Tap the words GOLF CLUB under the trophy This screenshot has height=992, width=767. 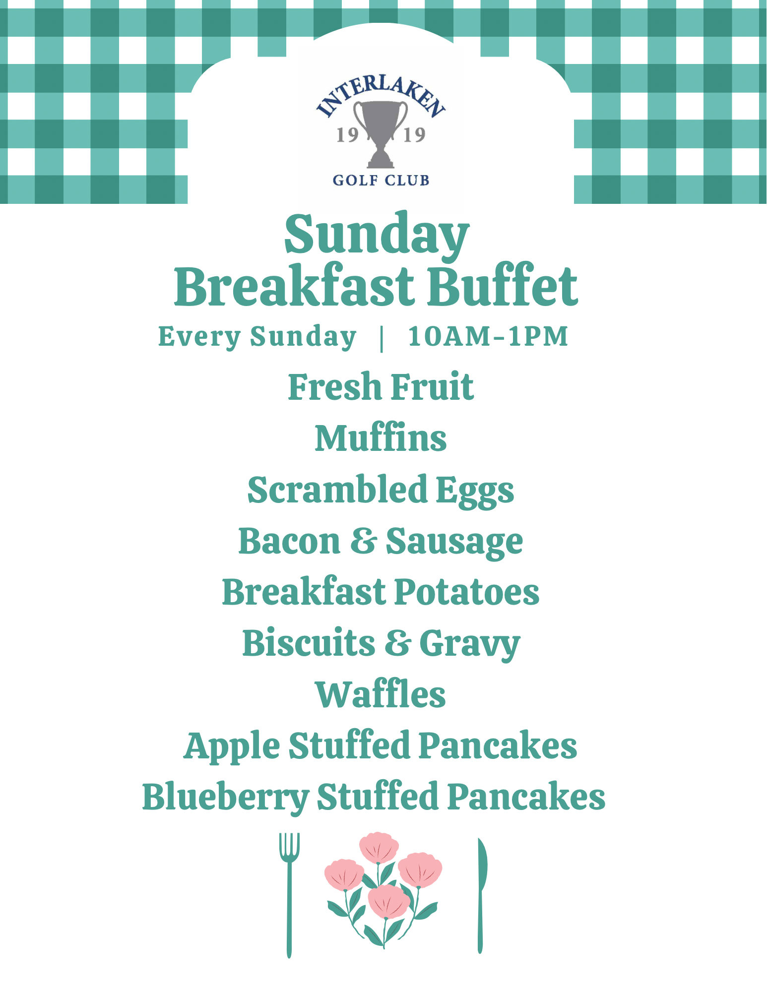click(381, 180)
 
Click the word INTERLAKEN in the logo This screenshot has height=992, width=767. click(381, 97)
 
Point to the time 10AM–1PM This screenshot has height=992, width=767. click(488, 336)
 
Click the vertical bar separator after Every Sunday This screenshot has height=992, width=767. click(382, 338)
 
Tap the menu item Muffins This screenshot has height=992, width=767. click(381, 438)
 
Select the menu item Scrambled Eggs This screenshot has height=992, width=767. click(381, 491)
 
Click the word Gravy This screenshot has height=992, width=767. click(469, 644)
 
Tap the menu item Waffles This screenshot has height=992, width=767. click(381, 694)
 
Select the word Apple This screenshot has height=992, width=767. click(232, 746)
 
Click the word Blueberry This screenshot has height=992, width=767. click(226, 798)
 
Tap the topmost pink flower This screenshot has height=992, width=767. click(379, 848)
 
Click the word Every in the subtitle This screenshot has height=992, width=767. click(199, 337)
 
